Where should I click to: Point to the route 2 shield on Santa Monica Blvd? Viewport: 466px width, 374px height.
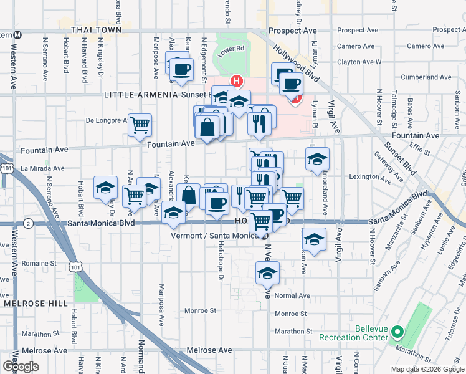pyautogui.click(x=29, y=223)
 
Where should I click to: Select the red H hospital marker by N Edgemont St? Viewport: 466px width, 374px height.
pyautogui.click(x=236, y=80)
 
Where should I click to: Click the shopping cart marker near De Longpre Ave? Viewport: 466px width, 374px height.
pyautogui.click(x=140, y=125)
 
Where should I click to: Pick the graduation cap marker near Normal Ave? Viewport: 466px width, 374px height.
pyautogui.click(x=268, y=272)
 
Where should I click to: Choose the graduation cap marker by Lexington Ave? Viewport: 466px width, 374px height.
pyautogui.click(x=317, y=160)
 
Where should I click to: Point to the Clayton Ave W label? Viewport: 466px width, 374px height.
pyautogui.click(x=359, y=62)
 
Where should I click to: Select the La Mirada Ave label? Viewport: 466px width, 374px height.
pyautogui.click(x=42, y=168)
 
